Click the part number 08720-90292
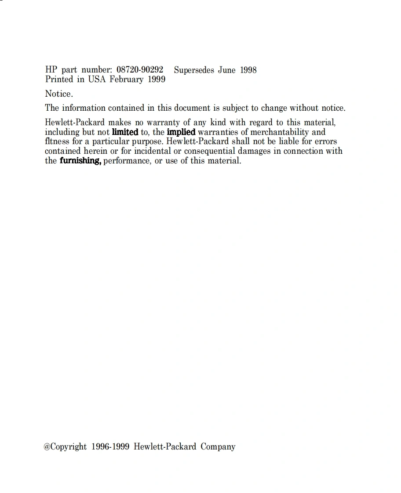140,70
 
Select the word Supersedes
194,70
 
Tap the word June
227,70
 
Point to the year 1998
248,70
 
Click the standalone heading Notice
59,94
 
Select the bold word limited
125,132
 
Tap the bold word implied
181,132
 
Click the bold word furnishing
80,160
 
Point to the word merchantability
280,132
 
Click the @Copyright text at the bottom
65,447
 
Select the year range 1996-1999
110,446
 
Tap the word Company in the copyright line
218,447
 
